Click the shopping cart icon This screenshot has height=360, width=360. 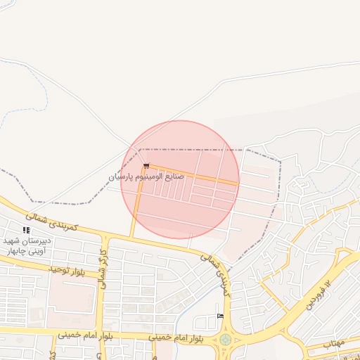click(x=146, y=165)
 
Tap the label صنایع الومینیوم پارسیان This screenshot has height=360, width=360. click(x=146, y=176)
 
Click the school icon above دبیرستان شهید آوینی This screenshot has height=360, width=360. click(x=26, y=230)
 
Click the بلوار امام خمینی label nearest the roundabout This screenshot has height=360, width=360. click(x=176, y=338)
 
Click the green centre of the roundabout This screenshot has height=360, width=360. click(x=225, y=340)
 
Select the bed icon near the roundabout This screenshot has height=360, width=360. click(x=220, y=316)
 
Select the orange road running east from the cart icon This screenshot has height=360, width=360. click(x=197, y=176)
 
